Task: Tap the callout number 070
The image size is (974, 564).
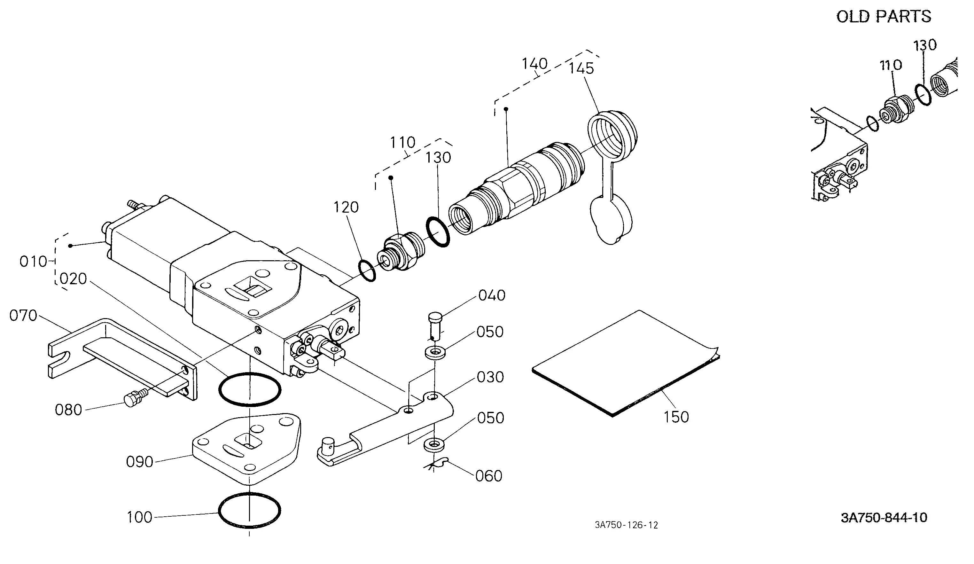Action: [23, 316]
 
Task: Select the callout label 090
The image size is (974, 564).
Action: [139, 462]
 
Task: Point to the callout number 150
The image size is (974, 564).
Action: [676, 417]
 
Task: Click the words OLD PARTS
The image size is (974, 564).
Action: [884, 17]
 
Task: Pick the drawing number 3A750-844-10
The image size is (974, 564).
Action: [884, 518]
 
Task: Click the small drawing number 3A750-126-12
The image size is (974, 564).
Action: [627, 525]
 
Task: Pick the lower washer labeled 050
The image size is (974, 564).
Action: [434, 444]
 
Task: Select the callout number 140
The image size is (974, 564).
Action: [534, 64]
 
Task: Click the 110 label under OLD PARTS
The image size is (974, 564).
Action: [891, 65]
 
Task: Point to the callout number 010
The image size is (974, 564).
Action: [34, 262]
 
